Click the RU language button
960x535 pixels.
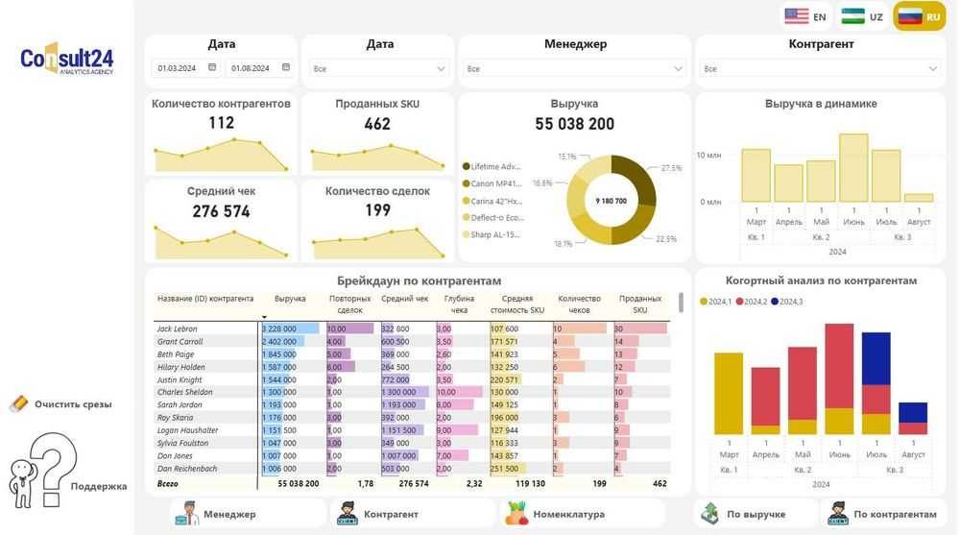coord(920,16)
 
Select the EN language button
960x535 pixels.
coord(805,16)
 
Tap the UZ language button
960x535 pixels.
coord(862,16)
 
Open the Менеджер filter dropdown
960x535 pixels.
coord(575,69)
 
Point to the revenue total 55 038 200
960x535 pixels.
coord(574,124)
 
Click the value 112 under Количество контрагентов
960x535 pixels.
coord(221,123)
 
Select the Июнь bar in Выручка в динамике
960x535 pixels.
coord(853,167)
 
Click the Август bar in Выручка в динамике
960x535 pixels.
coord(919,197)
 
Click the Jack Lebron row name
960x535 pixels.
coord(177,329)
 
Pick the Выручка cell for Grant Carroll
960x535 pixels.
coord(289,342)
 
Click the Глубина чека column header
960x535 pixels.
coord(459,304)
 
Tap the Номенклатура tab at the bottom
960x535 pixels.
coord(557,514)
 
